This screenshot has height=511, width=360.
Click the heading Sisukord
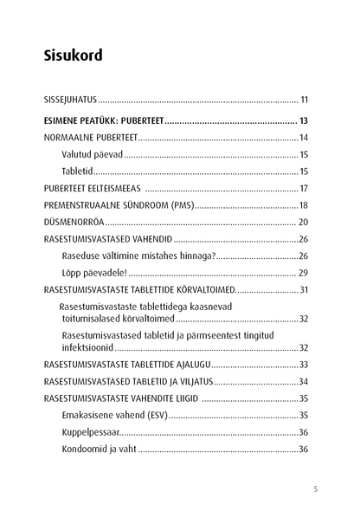pos(73,56)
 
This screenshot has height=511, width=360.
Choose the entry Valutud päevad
pos(92,155)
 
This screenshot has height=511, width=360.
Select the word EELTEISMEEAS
pos(115,189)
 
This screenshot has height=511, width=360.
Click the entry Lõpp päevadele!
pos(95,272)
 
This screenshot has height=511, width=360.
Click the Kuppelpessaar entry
pos(90,432)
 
